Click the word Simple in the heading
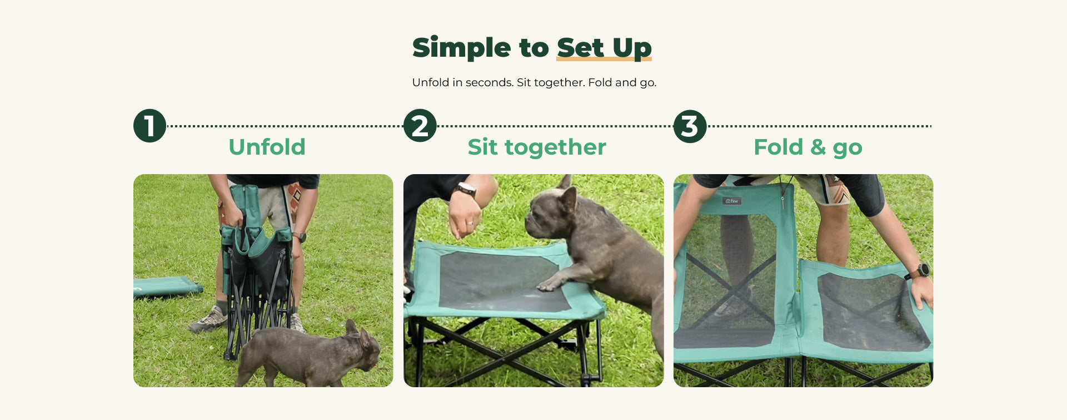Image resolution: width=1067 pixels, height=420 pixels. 461,47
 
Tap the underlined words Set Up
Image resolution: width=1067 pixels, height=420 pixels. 604,48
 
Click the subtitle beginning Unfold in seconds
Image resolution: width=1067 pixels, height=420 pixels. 534,82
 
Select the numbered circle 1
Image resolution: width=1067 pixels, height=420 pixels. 150,126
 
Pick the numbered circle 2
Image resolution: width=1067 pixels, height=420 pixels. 420,126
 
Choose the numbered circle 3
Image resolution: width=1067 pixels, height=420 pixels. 690,126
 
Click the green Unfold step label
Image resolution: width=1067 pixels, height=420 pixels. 267,147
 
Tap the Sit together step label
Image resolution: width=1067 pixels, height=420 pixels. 537,147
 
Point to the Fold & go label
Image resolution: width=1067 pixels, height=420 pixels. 808,147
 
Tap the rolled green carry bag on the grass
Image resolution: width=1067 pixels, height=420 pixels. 167,287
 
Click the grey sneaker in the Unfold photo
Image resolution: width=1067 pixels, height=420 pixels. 209,320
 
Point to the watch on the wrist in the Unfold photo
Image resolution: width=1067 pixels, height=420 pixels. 300,236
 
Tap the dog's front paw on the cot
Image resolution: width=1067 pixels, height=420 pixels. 547,285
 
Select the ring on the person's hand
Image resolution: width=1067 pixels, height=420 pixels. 470,224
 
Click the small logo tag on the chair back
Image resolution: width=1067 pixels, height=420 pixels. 733,201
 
